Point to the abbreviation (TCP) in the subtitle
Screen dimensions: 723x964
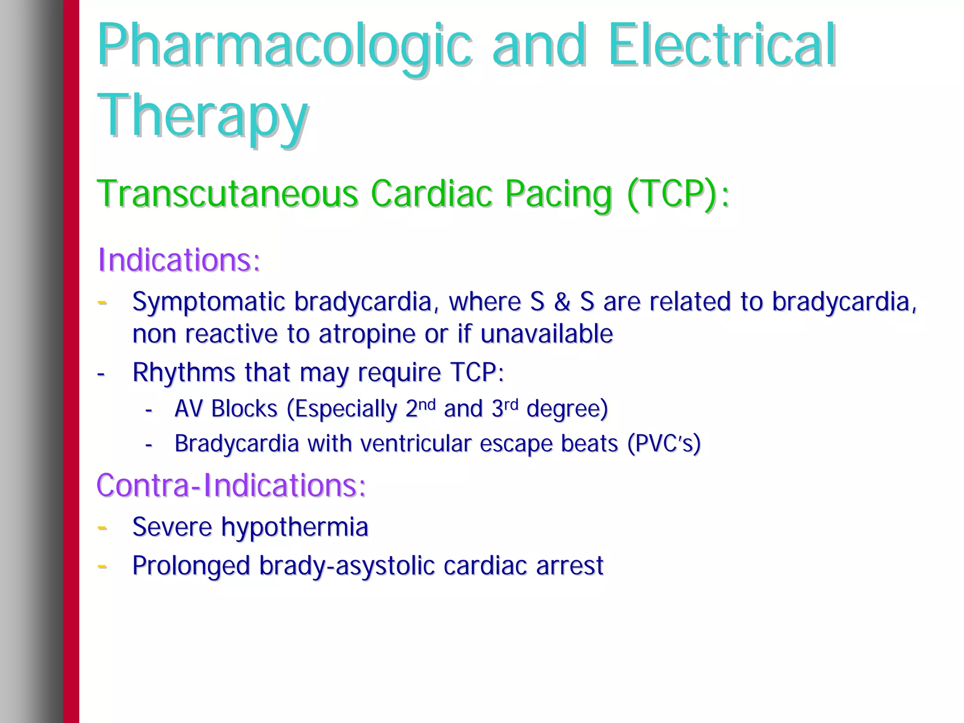click(673, 193)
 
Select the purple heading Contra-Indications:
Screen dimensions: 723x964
click(231, 485)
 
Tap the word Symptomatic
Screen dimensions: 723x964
click(209, 302)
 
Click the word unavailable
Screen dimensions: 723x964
click(546, 334)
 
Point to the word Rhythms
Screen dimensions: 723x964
click(184, 373)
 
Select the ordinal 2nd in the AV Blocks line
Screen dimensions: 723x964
click(420, 408)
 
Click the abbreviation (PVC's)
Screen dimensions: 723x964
click(664, 444)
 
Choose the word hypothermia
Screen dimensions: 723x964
click(295, 527)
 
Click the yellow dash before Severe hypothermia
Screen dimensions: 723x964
click(102, 527)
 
